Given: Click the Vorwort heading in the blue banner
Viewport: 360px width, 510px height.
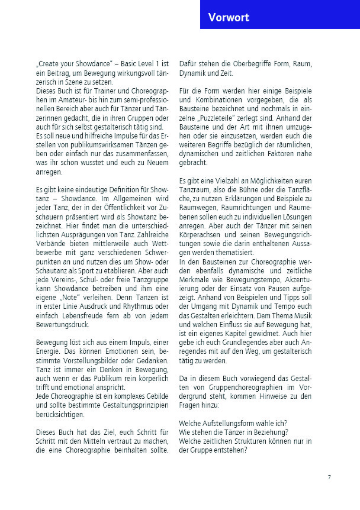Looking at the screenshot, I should point(229,18).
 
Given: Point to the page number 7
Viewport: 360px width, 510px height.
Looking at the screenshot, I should point(329,476).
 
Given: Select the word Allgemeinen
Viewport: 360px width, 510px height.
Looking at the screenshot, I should point(112,197).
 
